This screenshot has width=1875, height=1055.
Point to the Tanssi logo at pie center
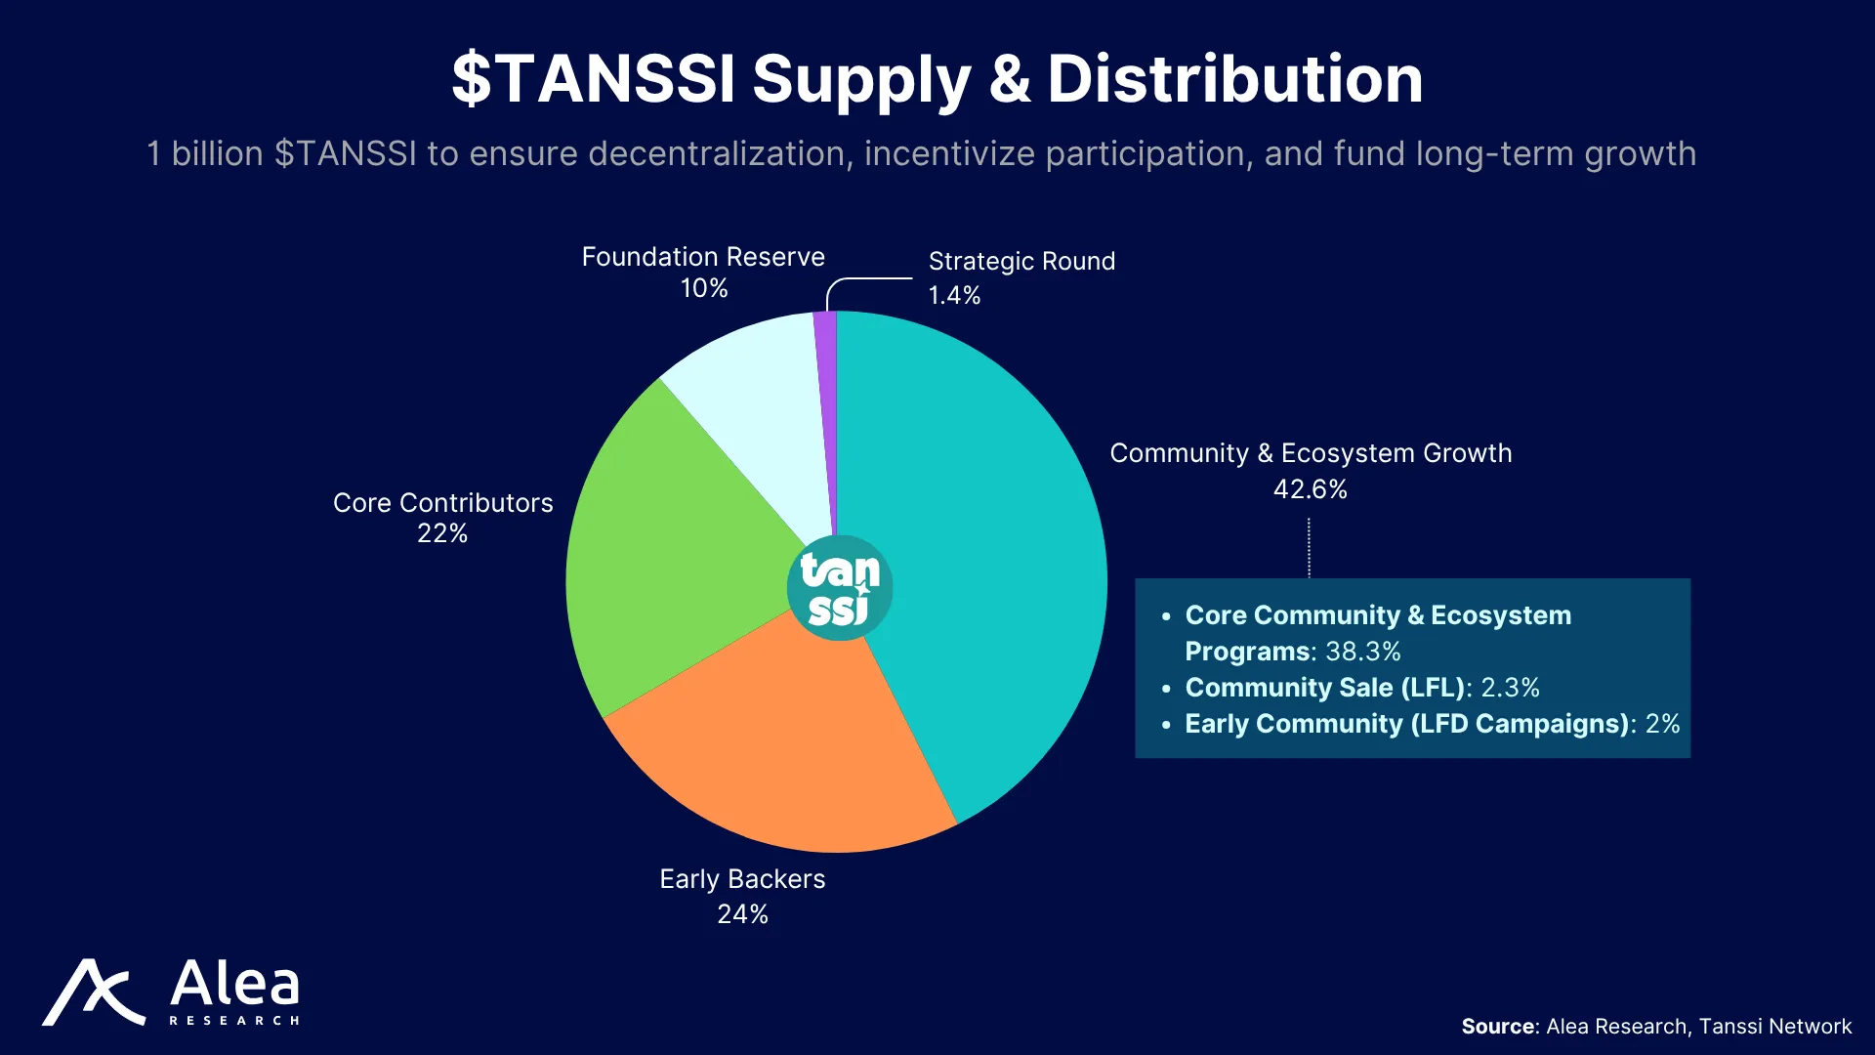840,587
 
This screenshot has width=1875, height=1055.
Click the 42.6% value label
1311,489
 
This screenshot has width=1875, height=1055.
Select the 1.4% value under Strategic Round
954,295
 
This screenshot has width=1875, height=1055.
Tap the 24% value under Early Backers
742,914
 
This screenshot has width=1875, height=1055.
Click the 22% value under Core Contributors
442,533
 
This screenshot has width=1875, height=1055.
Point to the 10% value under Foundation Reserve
704,288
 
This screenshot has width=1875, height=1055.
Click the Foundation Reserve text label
703,257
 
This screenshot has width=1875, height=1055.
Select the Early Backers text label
742,879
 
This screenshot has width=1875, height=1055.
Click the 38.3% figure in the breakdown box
1363,652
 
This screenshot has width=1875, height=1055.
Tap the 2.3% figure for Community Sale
1511,688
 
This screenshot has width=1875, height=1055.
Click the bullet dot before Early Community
1166,726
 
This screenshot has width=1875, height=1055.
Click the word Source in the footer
1498,1027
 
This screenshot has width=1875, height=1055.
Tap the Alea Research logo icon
94,992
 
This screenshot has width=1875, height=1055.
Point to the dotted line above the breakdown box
1309,548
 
